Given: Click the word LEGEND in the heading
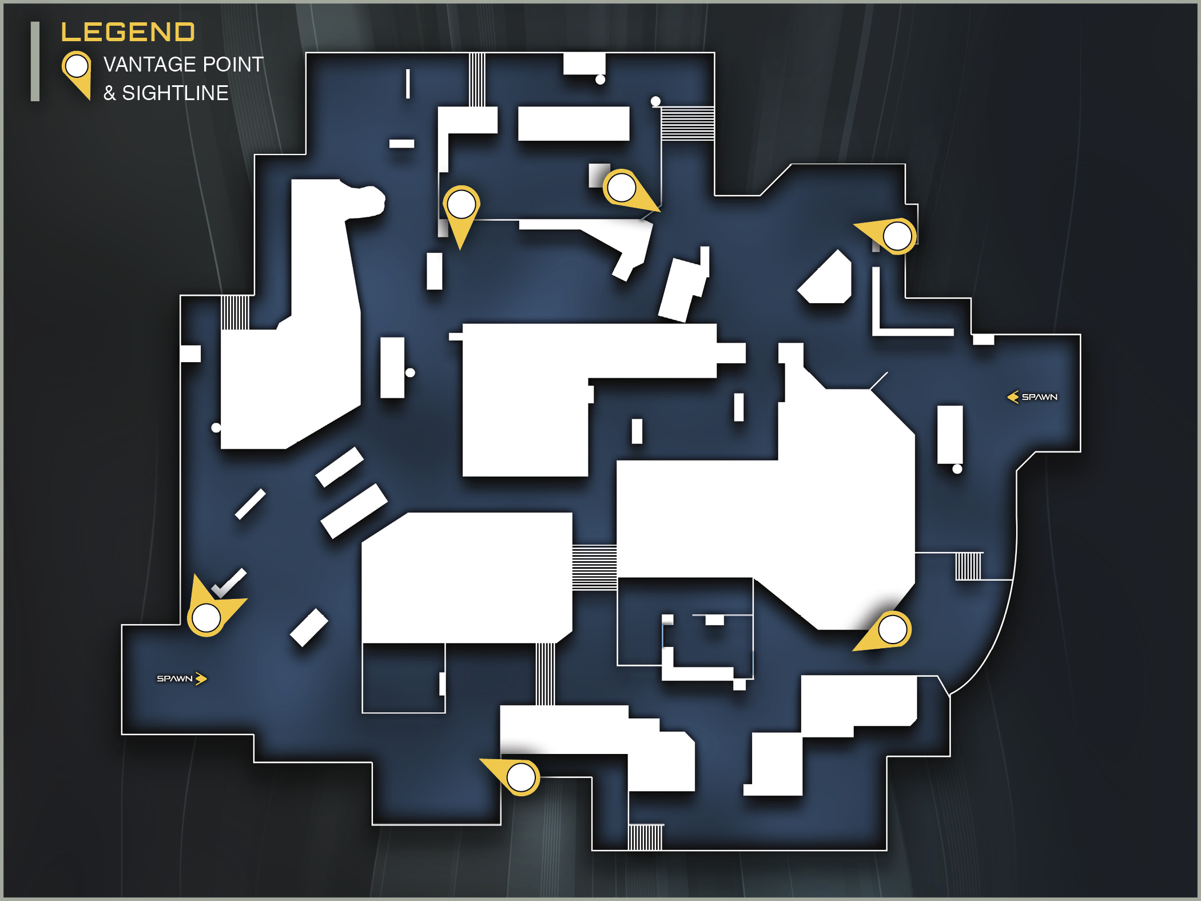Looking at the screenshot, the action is point(128,32).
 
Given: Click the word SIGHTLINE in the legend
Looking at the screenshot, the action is point(175,93).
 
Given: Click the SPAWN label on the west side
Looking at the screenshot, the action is point(174,678).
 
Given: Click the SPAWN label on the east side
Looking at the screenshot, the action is point(1040,397).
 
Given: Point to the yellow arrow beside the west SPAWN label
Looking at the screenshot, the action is point(201,678).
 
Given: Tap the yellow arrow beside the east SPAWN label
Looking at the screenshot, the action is point(1013,397).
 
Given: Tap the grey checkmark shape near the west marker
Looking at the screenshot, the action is point(229,583).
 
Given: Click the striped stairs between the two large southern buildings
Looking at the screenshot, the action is point(594,567).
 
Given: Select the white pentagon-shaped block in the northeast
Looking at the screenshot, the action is point(825,278).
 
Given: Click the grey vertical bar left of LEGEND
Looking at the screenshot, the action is point(35,61).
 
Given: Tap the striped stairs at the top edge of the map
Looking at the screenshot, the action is point(477,80).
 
